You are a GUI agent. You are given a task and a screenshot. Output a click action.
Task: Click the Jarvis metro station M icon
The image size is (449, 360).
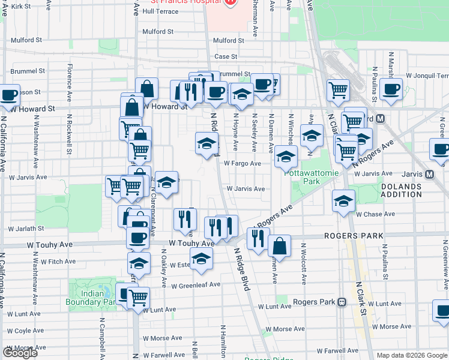click(x=429, y=174)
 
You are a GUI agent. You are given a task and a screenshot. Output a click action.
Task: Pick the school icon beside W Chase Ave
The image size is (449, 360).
click(x=343, y=201)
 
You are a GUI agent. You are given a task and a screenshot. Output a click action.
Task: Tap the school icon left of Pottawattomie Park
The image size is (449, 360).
click(x=286, y=157)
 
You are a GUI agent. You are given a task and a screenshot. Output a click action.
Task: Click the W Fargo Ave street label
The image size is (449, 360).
click(x=243, y=163)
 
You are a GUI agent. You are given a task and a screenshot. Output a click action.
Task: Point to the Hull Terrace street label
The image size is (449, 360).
click(x=160, y=11)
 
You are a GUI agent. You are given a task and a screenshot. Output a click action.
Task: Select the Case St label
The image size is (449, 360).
click(x=226, y=56)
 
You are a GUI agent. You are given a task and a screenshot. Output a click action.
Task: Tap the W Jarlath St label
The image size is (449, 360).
click(x=26, y=229)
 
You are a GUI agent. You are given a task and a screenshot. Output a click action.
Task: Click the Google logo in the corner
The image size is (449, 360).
click(x=20, y=353)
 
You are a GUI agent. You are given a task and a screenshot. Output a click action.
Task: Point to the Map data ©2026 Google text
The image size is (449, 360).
click(x=412, y=355)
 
